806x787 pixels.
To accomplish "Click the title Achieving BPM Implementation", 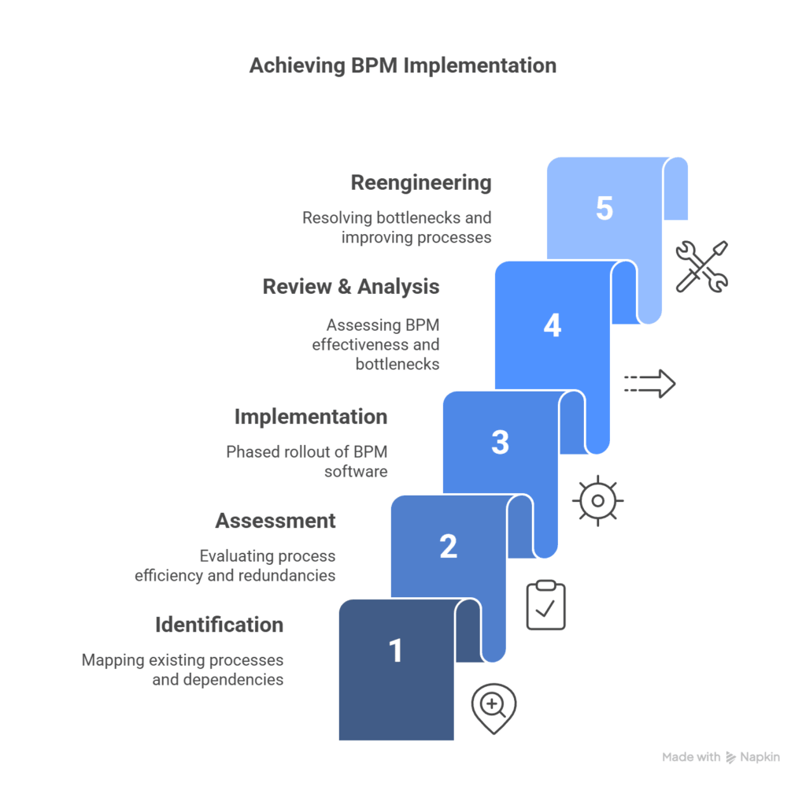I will click(x=402, y=65).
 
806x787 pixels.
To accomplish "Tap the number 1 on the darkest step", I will click(x=396, y=650).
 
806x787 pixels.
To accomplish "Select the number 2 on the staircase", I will click(x=448, y=546).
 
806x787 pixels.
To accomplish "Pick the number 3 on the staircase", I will click(x=500, y=442).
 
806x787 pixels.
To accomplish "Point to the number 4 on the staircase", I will click(x=552, y=325).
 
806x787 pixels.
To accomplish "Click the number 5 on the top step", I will click(x=604, y=209).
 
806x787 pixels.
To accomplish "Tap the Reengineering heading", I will click(x=421, y=183).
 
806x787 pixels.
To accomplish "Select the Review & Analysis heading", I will click(x=351, y=287).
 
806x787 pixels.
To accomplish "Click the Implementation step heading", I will click(x=311, y=417).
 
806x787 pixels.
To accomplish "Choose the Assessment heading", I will click(x=275, y=521).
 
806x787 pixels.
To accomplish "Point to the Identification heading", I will click(x=219, y=625).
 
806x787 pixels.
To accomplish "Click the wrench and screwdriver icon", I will click(x=702, y=266).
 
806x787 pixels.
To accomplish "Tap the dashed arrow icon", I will click(x=649, y=384).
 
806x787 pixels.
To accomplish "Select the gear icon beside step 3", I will click(x=597, y=500).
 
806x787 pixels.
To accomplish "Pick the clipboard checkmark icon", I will click(x=545, y=606).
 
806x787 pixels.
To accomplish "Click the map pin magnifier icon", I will click(x=494, y=707).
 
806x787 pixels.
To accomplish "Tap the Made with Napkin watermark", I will click(x=721, y=757).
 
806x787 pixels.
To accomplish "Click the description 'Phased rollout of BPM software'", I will click(x=307, y=462).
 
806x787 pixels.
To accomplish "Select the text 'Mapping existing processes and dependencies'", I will click(x=183, y=670).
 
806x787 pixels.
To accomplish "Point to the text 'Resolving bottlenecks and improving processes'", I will click(x=397, y=227).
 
